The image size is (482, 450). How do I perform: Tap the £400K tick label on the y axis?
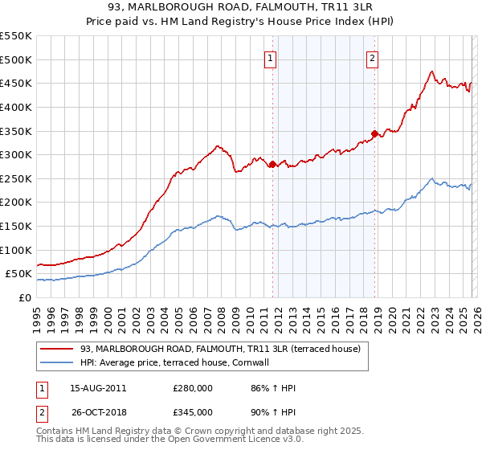pos(16,107)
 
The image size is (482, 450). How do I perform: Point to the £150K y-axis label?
pos(16,226)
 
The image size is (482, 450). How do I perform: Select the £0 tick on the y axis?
pos(24,297)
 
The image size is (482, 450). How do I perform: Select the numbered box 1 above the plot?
pos(270,59)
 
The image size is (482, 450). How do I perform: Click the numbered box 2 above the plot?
pos(374,59)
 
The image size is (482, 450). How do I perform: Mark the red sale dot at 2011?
pos(272,164)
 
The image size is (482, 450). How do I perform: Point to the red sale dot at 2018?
pos(374,133)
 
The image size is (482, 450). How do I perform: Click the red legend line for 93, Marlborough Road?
pos(56,350)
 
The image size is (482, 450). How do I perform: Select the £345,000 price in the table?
pos(193,412)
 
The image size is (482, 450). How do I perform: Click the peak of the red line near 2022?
pos(432,72)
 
